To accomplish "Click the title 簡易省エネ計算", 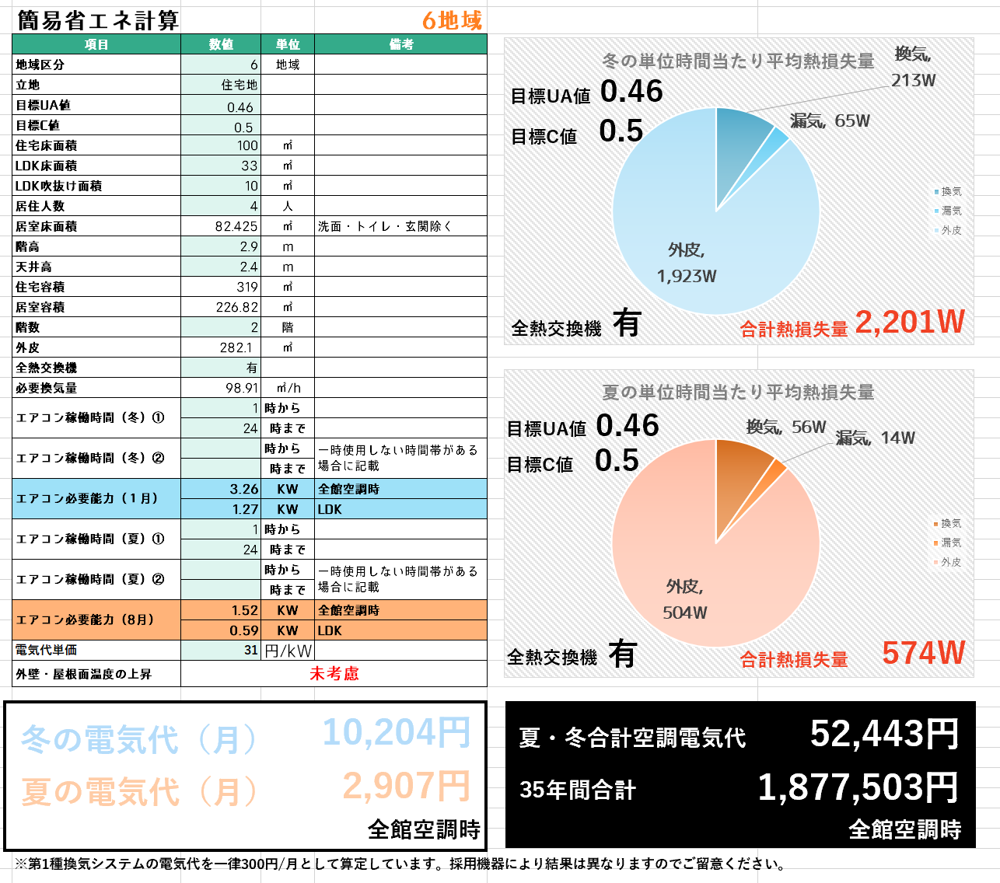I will click(97, 20).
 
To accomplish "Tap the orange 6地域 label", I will click(452, 21).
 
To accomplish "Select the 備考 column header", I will click(400, 44).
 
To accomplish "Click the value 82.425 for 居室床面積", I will click(236, 226).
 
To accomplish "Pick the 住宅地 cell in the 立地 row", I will click(239, 85).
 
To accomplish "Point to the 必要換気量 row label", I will click(47, 388).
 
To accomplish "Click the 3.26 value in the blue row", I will click(244, 489).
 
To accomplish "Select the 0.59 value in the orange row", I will click(244, 630).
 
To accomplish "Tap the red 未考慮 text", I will click(334, 674).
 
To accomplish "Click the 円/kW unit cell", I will click(288, 651).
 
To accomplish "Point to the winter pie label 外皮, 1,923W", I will click(687, 263).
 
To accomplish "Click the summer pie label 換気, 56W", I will click(785, 427).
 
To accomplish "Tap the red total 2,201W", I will click(909, 322).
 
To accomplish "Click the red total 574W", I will click(923, 653).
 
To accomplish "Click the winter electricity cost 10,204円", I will click(397, 732).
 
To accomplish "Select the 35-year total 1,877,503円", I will click(858, 787).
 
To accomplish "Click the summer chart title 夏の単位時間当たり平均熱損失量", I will click(738, 393).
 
